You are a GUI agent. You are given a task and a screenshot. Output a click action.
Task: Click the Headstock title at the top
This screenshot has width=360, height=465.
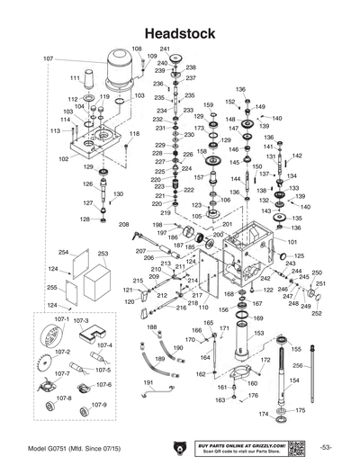[x=179, y=33]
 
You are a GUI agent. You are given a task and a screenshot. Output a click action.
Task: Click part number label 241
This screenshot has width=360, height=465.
[x=165, y=49]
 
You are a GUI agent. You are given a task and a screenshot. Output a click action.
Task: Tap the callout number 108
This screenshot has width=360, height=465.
[x=137, y=49]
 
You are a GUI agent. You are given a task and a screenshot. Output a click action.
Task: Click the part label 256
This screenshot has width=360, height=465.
[x=322, y=365]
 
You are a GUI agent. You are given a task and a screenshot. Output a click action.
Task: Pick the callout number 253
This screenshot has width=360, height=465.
[x=103, y=254]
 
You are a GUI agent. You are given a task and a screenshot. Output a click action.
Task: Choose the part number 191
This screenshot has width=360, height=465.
[x=148, y=382]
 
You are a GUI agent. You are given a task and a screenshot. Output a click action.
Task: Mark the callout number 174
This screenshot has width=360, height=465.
[x=263, y=414]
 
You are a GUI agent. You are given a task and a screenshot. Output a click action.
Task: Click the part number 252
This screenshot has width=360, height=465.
[x=316, y=313]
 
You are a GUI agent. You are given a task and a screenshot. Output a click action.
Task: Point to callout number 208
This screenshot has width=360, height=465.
[x=124, y=223]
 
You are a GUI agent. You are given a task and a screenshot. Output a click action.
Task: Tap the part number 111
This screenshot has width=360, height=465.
[x=76, y=79]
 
